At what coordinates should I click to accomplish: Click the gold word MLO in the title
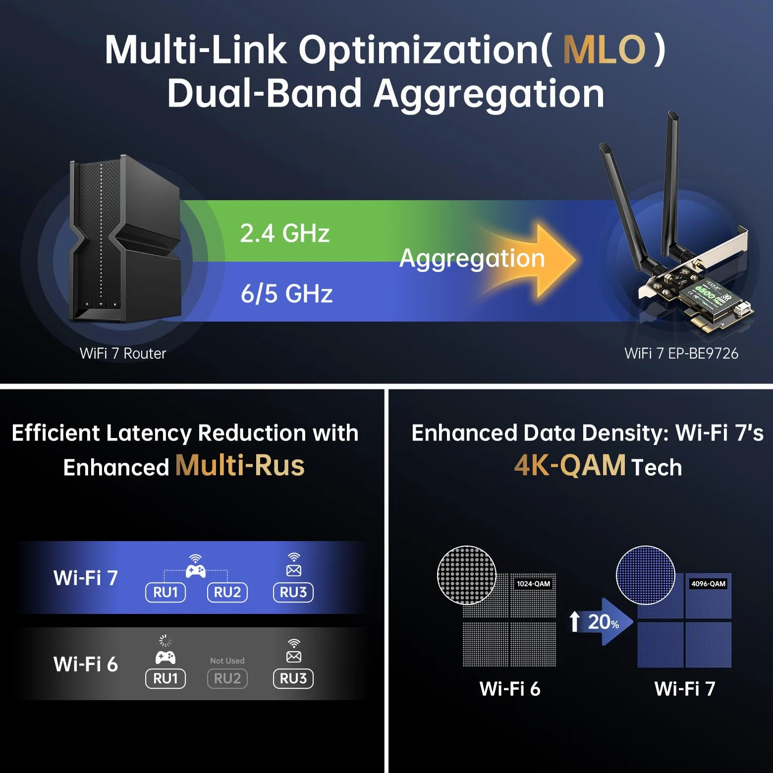tap(604, 50)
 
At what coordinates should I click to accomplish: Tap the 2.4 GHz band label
tap(285, 233)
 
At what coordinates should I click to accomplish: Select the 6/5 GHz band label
tap(286, 293)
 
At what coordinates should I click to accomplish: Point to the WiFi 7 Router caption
tap(123, 353)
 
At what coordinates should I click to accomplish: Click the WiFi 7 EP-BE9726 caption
tap(681, 353)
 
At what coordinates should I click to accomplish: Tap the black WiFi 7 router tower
tap(125, 239)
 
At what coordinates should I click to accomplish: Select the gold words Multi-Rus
tap(240, 466)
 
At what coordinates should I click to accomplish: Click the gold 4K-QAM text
tap(570, 466)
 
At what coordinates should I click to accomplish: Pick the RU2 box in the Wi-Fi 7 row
tap(227, 592)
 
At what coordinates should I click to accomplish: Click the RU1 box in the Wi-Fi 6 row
tap(166, 678)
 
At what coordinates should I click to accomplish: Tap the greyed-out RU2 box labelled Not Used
tap(227, 678)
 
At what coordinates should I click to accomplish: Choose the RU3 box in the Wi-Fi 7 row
tap(293, 592)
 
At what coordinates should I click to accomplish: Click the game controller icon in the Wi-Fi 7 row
tap(196, 571)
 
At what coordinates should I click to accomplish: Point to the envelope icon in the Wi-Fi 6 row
tap(294, 657)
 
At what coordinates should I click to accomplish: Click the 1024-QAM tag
tap(533, 584)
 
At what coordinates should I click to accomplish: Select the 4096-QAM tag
tap(708, 584)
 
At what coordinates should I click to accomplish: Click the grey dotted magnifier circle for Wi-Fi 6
tap(467, 575)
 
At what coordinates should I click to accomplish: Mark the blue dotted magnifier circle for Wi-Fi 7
tap(645, 575)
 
